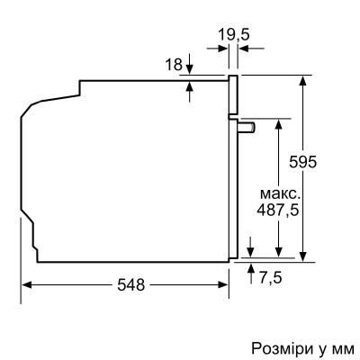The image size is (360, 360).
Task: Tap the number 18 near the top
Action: (x=175, y=64)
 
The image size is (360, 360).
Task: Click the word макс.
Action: (x=278, y=193)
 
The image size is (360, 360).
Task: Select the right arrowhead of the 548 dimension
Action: (x=224, y=284)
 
